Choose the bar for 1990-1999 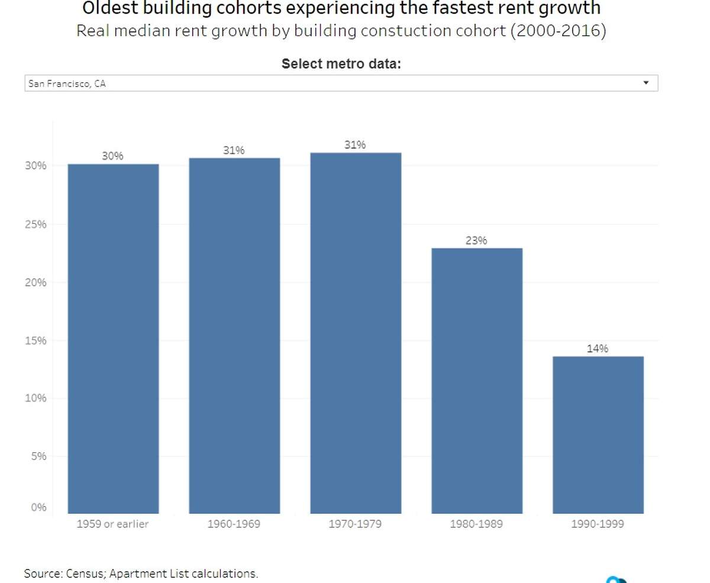[598, 435]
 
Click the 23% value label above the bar [476, 240]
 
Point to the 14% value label [598, 349]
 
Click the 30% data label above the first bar [112, 156]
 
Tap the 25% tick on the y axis [35, 224]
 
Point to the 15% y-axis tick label [35, 340]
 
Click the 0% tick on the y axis [38, 507]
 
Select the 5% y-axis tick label [38, 456]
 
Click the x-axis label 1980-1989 [476, 524]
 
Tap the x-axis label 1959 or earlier [112, 524]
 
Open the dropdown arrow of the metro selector [646, 83]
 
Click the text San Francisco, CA [67, 83]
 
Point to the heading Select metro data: [341, 64]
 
